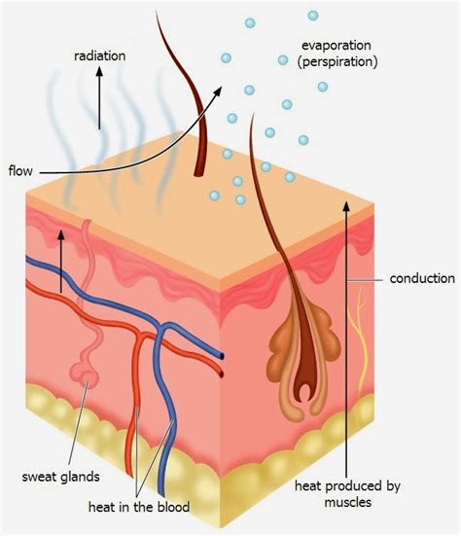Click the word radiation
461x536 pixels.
[100, 55]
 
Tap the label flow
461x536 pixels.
[20, 170]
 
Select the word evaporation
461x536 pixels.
[337, 45]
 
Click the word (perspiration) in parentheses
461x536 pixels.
[337, 62]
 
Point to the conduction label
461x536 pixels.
[422, 278]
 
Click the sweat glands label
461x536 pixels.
[61, 477]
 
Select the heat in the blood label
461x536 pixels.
[139, 507]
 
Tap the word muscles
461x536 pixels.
[347, 502]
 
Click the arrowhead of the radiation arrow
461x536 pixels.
[99, 71]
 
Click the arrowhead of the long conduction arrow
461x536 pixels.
[346, 205]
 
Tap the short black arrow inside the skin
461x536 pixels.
[61, 261]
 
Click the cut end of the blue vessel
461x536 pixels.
[222, 356]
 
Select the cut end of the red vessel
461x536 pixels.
[222, 374]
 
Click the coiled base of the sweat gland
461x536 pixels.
[85, 375]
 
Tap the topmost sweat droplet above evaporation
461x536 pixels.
[313, 16]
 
